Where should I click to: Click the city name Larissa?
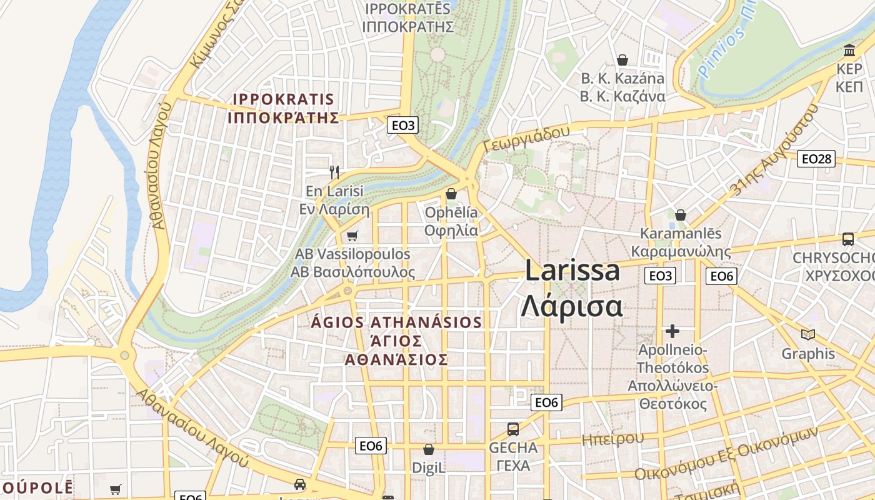572,271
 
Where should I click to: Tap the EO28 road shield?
817,159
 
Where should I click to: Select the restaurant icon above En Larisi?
334,172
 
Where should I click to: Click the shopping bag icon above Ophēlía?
451,194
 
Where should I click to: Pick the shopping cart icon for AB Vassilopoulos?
352,236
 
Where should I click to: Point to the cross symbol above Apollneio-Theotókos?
672,331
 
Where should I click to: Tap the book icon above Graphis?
808,334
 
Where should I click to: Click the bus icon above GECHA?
513,429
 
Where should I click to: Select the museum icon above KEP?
849,50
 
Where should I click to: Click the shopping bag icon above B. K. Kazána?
622,60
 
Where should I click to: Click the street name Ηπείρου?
612,439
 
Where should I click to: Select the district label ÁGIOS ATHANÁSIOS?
397,322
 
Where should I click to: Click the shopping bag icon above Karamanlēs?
681,215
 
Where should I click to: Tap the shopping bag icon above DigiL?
429,449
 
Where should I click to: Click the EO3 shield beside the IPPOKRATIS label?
403,125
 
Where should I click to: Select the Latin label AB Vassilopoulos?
352,254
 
